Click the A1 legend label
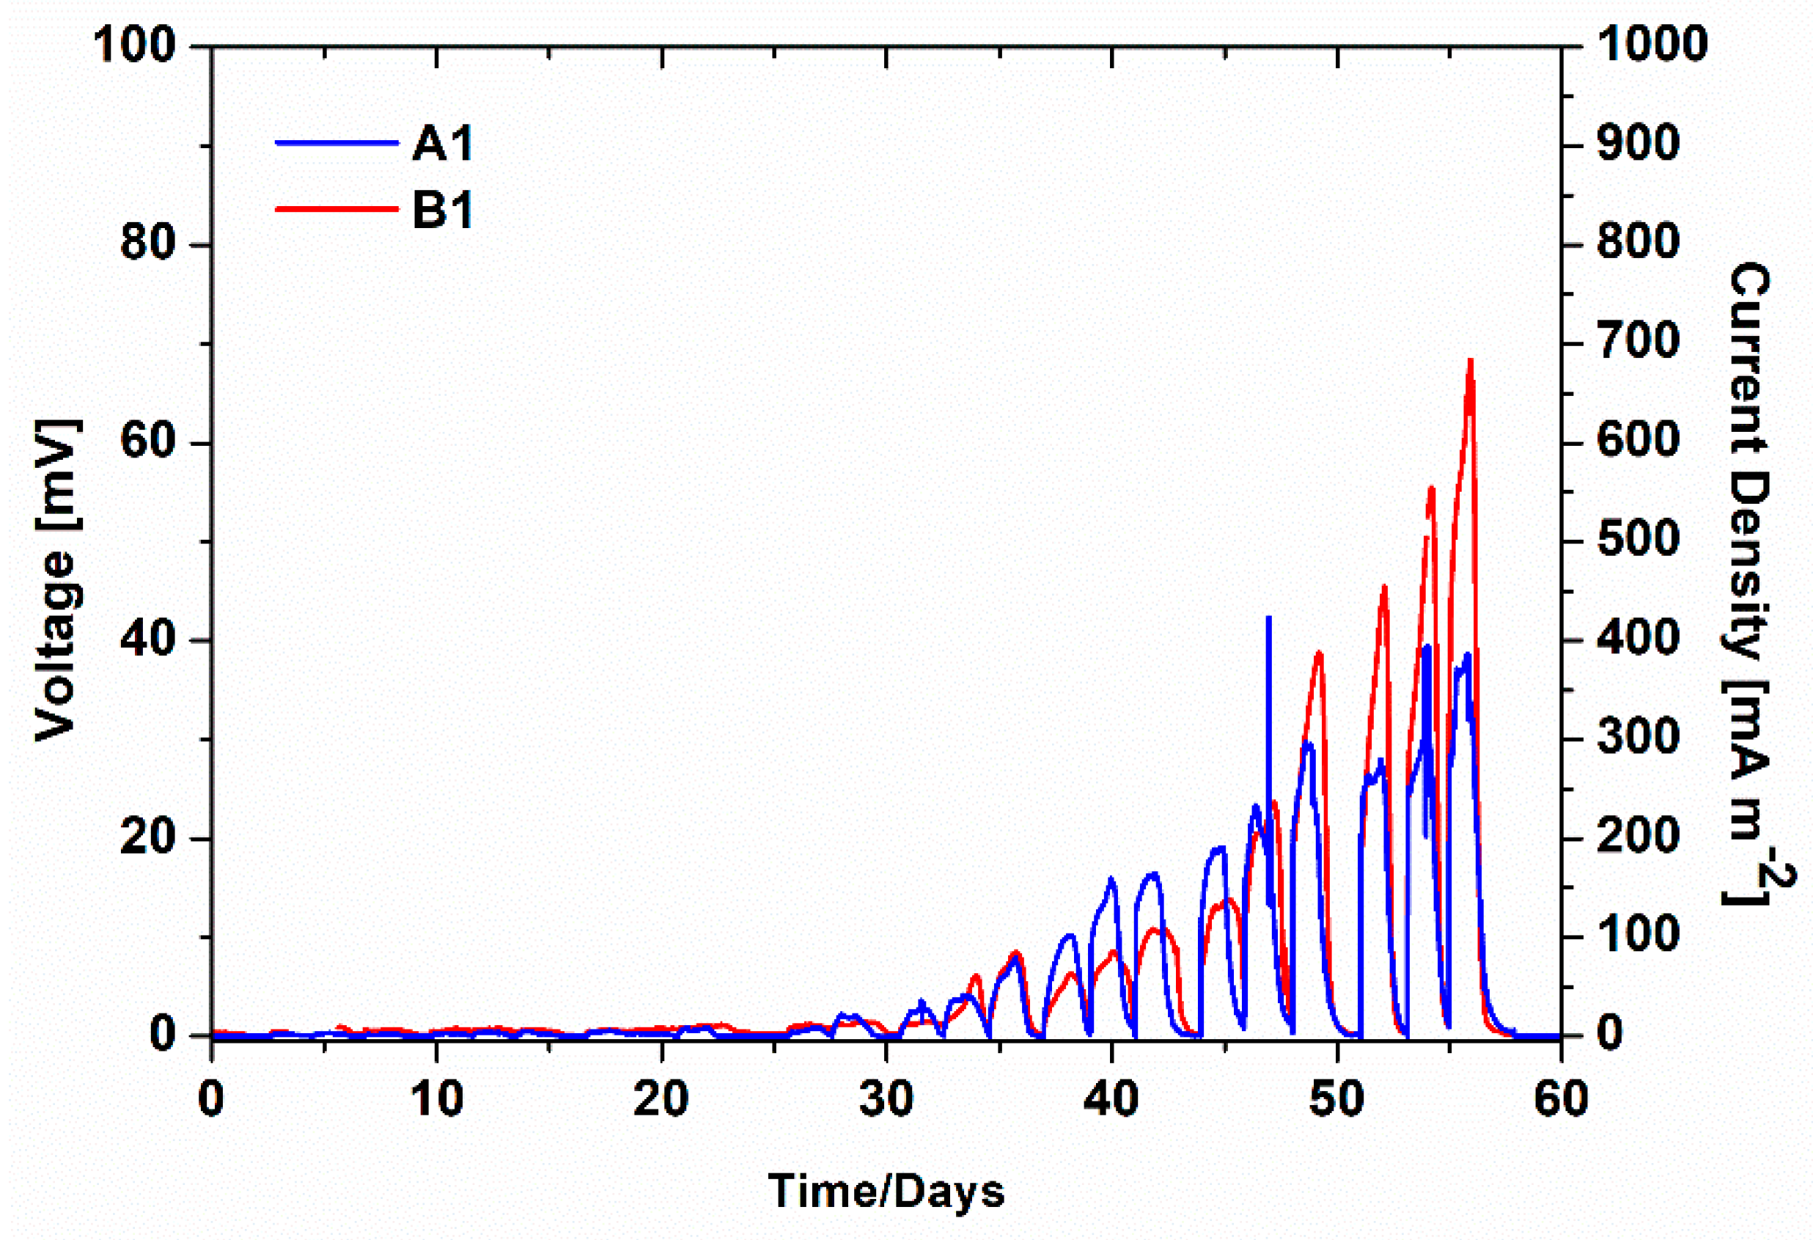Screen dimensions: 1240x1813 (x=442, y=144)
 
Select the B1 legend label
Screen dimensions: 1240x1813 (x=442, y=210)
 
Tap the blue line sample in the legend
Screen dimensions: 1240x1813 (x=337, y=143)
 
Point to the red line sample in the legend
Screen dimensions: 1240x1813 (x=337, y=208)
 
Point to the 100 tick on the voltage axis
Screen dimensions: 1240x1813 (x=134, y=45)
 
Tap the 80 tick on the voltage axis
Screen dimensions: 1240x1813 (x=146, y=244)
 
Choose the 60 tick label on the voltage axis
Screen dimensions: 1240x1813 (x=146, y=442)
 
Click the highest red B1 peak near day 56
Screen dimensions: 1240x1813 (x=1470, y=362)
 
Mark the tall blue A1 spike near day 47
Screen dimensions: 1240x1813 (x=1268, y=619)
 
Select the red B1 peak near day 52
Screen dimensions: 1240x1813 (x=1385, y=587)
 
